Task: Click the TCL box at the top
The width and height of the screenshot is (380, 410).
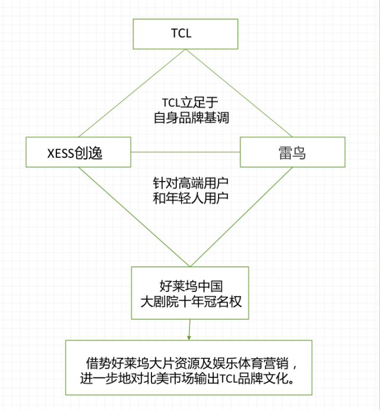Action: point(185,34)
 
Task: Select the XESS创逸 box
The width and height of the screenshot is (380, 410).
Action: point(78,152)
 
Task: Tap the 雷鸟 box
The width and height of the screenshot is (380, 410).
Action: point(292,152)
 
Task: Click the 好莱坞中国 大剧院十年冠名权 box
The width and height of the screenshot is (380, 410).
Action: point(190,293)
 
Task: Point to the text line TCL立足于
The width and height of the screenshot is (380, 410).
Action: point(190,101)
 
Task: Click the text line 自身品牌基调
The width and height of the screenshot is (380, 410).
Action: point(190,117)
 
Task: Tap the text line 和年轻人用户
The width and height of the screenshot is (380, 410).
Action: point(190,199)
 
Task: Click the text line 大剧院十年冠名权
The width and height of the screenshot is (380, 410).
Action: point(190,301)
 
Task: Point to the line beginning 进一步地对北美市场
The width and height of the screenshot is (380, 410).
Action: point(188,379)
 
